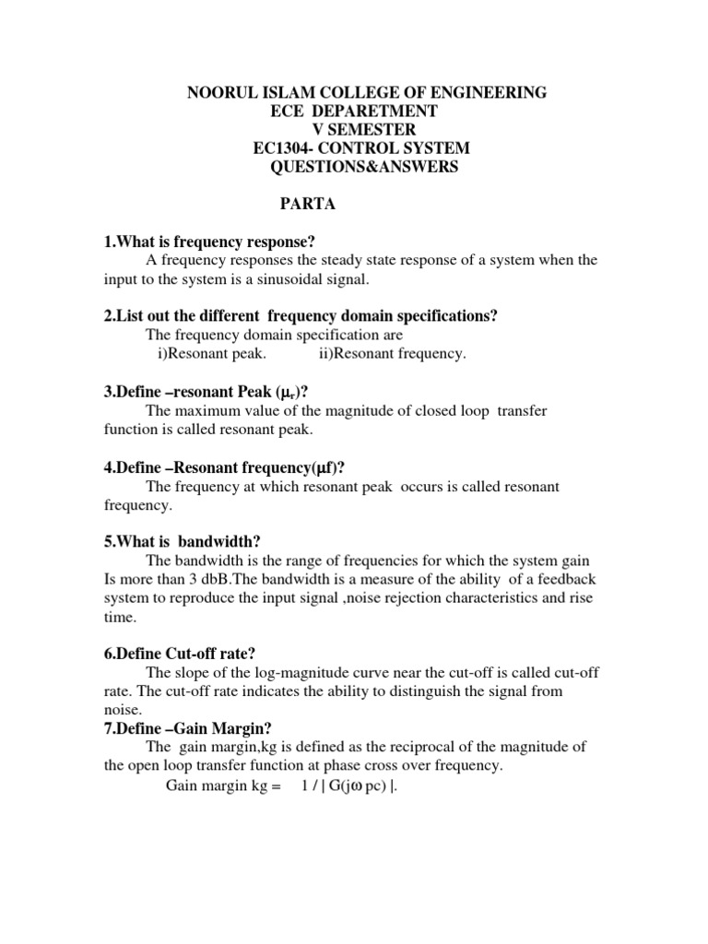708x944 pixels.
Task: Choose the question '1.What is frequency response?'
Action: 209,242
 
